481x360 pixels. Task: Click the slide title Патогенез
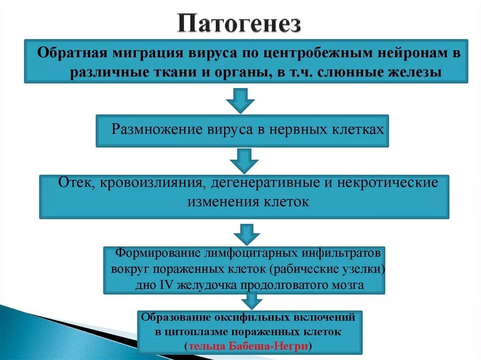pyautogui.click(x=239, y=24)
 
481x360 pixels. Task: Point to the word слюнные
pyautogui.click(x=331, y=73)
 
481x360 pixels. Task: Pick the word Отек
pyautogui.click(x=73, y=182)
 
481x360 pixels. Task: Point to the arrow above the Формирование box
pyautogui.click(x=246, y=232)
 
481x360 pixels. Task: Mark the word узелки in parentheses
pyautogui.click(x=365, y=269)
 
